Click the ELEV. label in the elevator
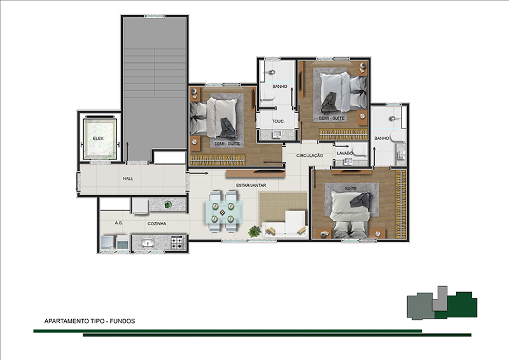coord(99,138)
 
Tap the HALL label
coord(128,179)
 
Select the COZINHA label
coord(157,224)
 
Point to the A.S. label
coord(119,223)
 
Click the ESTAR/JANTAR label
coord(251,185)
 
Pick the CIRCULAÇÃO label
coord(310,156)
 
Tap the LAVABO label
coord(345,153)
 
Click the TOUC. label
coord(278,121)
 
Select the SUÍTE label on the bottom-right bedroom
coord(351,189)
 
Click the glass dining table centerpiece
coord(222,212)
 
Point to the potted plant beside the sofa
coord(254,232)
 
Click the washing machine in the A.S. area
coord(108,243)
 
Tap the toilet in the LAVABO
coord(359,151)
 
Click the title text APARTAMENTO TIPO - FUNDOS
coord(90,321)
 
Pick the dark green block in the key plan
coord(457,305)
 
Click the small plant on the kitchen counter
coord(167,205)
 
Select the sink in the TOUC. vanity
coord(276,134)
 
